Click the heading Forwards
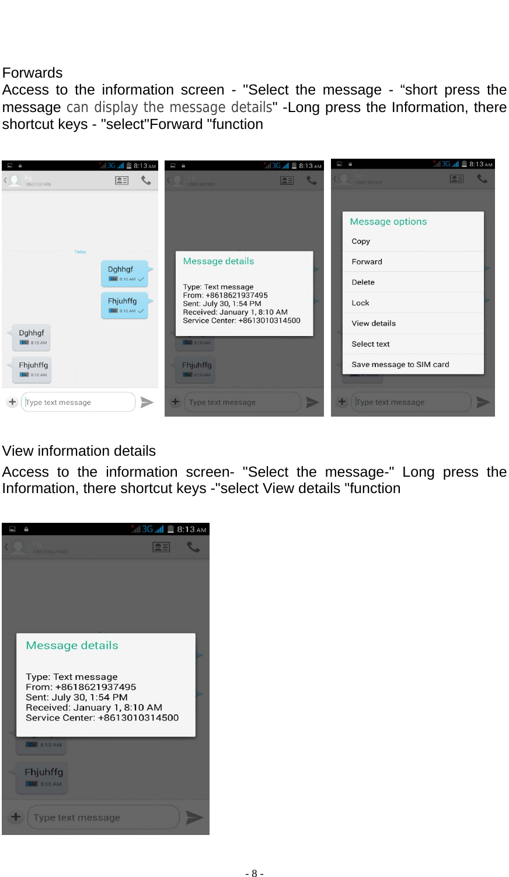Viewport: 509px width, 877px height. click(x=32, y=73)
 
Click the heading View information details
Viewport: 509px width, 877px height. click(x=79, y=451)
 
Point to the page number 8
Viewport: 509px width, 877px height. click(x=254, y=873)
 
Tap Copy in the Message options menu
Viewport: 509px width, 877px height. click(x=361, y=242)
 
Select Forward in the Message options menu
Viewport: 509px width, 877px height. click(x=367, y=262)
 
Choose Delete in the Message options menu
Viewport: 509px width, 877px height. click(x=363, y=282)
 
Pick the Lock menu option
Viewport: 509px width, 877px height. click(x=360, y=303)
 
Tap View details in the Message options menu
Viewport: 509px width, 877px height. click(x=374, y=323)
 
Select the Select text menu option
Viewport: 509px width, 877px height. click(x=371, y=344)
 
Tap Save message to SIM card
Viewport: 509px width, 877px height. click(x=400, y=365)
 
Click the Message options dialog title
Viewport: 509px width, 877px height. click(x=388, y=222)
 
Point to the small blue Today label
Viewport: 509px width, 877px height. click(x=80, y=252)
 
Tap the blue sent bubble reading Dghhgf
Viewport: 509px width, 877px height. click(x=124, y=273)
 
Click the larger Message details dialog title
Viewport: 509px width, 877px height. click(x=72, y=645)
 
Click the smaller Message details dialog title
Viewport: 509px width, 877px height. click(x=218, y=261)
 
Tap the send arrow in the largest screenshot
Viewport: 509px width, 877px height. click(x=194, y=817)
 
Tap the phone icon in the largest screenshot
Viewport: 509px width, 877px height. click(x=193, y=547)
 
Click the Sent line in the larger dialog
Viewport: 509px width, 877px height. click(x=76, y=697)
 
